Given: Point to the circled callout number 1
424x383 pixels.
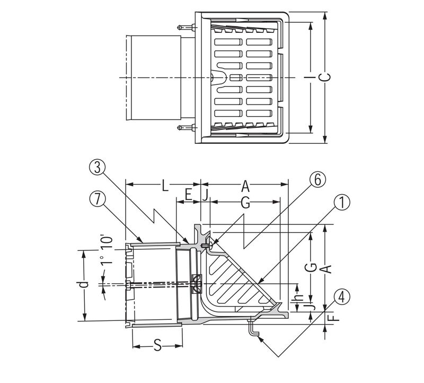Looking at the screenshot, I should point(342,202).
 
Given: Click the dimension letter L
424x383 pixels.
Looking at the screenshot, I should point(165,186).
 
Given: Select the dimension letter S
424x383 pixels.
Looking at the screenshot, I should point(157,345).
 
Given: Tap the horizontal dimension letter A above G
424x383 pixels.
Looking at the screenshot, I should point(245,186).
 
